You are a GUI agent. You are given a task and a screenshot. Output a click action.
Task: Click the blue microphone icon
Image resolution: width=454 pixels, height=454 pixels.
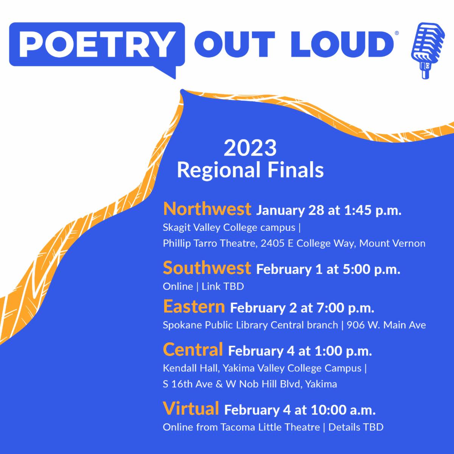click(424, 51)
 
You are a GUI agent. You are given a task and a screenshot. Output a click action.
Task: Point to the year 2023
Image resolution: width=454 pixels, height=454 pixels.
click(250, 148)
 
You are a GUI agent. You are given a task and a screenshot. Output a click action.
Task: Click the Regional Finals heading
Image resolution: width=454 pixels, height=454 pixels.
click(250, 170)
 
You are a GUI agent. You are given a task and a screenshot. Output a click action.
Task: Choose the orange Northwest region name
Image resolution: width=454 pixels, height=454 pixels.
click(207, 209)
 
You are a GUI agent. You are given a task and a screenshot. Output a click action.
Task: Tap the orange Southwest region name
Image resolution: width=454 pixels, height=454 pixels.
click(207, 268)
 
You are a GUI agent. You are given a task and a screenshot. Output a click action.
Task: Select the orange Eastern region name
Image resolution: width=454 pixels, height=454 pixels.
click(194, 307)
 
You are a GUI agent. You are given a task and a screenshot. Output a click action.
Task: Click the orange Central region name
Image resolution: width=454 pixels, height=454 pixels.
click(193, 350)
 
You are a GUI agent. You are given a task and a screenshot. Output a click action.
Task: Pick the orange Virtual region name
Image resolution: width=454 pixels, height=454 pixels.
click(191, 409)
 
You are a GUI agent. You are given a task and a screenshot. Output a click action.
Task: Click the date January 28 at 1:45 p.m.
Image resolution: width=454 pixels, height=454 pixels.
click(329, 210)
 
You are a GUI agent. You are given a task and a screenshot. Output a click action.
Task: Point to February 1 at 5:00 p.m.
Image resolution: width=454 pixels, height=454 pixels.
click(328, 270)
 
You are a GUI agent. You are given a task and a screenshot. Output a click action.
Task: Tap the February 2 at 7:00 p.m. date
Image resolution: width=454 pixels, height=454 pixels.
click(302, 308)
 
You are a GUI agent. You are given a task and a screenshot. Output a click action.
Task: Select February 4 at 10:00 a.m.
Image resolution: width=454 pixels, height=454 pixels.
click(300, 410)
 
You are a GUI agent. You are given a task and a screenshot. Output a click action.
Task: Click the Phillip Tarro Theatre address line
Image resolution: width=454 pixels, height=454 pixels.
click(294, 243)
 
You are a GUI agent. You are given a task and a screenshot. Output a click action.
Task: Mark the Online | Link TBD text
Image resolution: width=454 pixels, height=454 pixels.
click(203, 286)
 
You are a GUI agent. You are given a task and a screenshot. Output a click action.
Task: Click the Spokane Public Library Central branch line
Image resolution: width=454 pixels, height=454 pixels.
click(294, 325)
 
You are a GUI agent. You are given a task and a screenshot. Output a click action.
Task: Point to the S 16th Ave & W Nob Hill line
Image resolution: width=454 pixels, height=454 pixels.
click(250, 384)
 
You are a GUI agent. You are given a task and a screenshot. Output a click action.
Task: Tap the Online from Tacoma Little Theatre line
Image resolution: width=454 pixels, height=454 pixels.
click(273, 428)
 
